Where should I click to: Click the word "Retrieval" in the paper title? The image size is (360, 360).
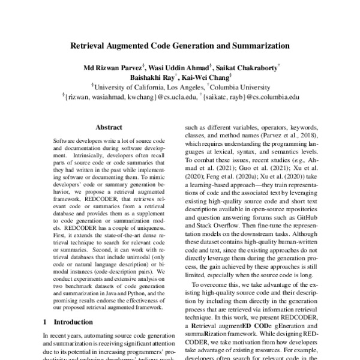coord(91,45)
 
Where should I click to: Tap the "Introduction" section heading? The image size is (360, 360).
coord(74,322)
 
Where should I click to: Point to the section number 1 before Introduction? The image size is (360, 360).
coord(47,322)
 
